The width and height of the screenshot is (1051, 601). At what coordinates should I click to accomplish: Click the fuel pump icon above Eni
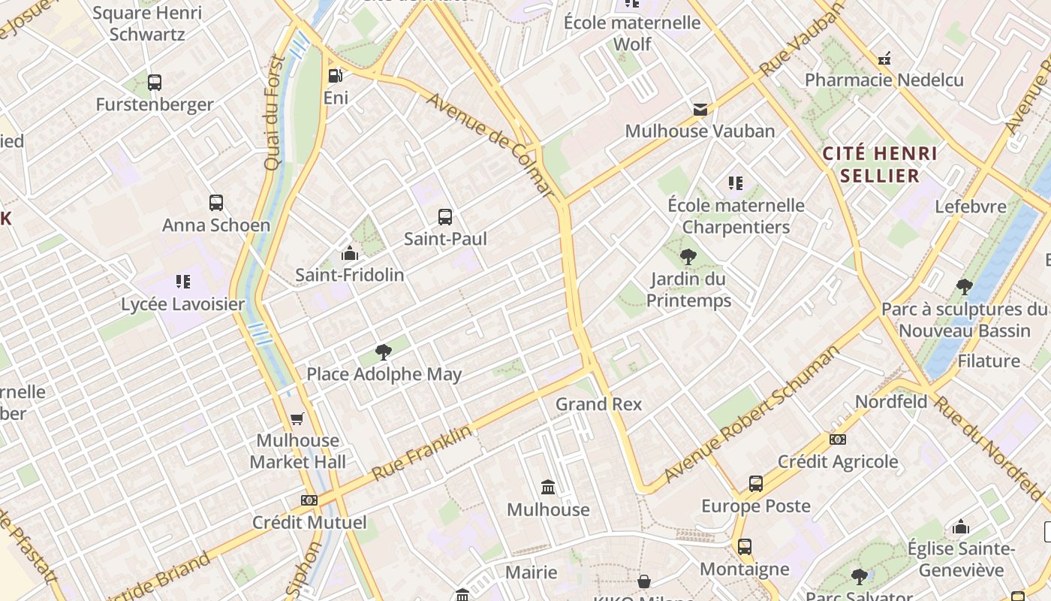336,75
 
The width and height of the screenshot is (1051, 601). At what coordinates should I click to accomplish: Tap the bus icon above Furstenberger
155,83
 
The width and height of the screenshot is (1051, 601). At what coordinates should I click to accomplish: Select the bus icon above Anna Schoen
216,203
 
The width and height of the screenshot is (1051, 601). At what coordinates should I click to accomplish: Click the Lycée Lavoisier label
183,304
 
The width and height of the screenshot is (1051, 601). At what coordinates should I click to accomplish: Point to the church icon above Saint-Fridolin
349,253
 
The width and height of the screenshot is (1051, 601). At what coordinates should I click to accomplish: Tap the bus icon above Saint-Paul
445,217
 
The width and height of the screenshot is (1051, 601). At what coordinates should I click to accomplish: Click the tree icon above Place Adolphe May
384,352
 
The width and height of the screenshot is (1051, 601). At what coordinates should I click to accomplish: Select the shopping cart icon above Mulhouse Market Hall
297,418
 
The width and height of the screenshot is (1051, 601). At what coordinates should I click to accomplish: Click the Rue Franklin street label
423,453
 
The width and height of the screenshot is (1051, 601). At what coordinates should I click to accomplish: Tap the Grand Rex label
598,404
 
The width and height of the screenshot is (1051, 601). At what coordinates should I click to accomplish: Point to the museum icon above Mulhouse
548,488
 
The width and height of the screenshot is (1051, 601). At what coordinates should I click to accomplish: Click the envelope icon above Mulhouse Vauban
700,110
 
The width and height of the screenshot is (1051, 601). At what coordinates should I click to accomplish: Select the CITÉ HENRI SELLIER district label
880,165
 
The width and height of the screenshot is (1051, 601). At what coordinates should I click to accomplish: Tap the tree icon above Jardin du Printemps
688,258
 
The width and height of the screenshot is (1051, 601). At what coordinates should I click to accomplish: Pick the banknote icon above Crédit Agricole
838,439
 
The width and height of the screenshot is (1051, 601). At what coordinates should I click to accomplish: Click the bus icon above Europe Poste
756,484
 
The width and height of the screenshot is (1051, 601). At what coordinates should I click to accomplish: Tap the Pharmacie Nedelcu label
884,80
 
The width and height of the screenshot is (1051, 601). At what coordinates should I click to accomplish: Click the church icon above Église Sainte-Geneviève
961,527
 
